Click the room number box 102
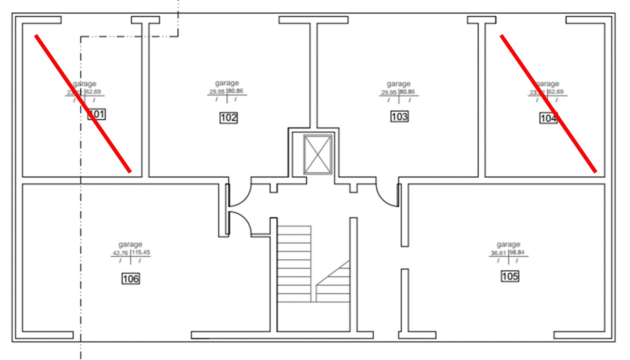(x=228, y=118)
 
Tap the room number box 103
(x=399, y=116)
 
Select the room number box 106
(x=131, y=279)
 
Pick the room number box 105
(x=510, y=277)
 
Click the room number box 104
(x=548, y=118)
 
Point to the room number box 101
(x=97, y=114)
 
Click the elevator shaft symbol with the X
(x=318, y=154)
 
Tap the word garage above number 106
(x=130, y=244)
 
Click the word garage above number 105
(x=508, y=244)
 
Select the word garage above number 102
(x=227, y=83)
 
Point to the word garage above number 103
(x=398, y=84)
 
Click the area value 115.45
(x=141, y=252)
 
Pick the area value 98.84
(x=517, y=252)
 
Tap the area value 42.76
(x=120, y=253)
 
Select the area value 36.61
(x=498, y=253)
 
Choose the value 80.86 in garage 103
(x=408, y=92)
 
